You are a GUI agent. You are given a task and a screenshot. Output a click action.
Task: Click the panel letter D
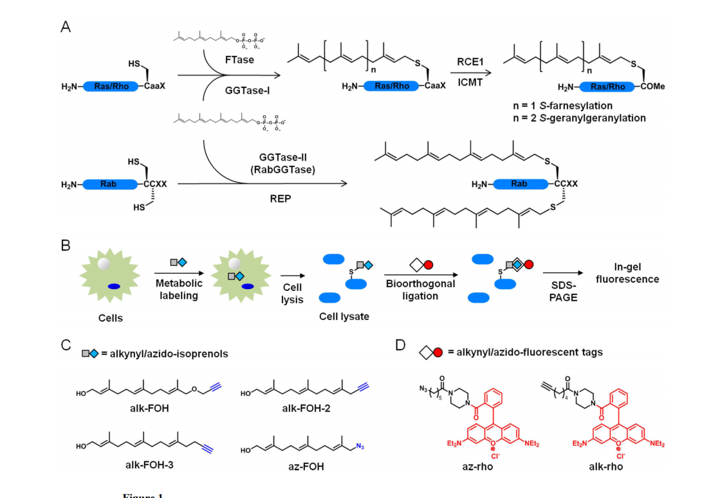click(401, 345)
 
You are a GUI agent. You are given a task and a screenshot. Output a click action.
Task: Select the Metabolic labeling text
click(178, 289)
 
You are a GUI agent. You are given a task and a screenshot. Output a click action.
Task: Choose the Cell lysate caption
click(344, 317)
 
